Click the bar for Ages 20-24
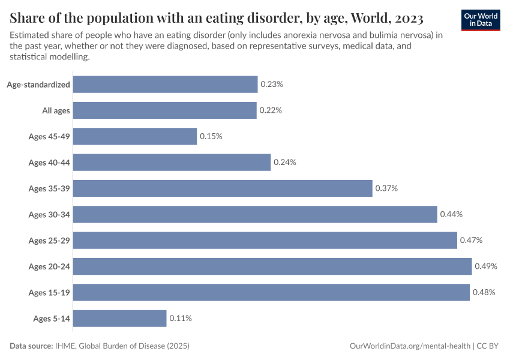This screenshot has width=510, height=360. (272, 266)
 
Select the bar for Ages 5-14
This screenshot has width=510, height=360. (119, 318)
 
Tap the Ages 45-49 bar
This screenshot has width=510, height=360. (135, 136)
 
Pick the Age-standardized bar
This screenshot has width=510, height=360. (165, 85)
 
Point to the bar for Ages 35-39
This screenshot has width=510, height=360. (223, 188)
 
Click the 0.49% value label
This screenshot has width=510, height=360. (486, 266)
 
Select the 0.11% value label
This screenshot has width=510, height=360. (181, 318)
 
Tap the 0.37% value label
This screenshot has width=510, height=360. (386, 188)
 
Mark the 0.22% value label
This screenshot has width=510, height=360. (271, 110)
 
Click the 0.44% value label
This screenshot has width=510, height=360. (451, 214)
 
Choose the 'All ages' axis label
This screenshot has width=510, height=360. (56, 110)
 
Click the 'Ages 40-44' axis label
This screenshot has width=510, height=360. (49, 163)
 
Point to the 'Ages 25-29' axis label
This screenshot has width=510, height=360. (49, 241)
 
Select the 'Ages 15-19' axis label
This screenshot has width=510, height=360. (49, 292)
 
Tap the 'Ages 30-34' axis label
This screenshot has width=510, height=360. (49, 214)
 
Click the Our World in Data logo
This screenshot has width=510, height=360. (481, 19)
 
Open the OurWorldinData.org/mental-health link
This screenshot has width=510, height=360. (410, 346)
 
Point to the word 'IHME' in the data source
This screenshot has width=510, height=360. (65, 346)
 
